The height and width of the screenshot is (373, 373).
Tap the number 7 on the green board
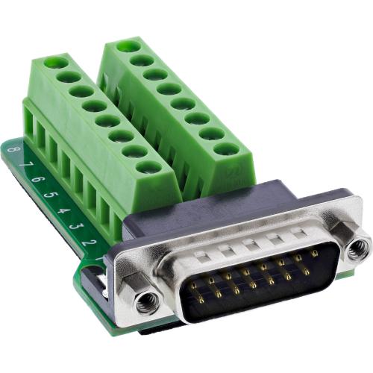coord(22,164)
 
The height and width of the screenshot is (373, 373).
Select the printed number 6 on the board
coord(35,180)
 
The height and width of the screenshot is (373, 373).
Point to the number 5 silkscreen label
coord(49,195)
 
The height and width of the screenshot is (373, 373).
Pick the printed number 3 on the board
coord(77,227)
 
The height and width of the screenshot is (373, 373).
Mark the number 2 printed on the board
coord(90,242)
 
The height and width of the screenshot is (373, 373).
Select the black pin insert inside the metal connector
coord(246,287)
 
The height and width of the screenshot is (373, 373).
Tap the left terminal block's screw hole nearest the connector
coord(148,167)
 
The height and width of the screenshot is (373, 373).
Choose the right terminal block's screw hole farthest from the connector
coord(128,46)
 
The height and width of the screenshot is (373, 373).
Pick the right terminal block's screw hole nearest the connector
coord(225,148)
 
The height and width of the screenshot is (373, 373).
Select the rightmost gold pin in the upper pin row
coord(314,253)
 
